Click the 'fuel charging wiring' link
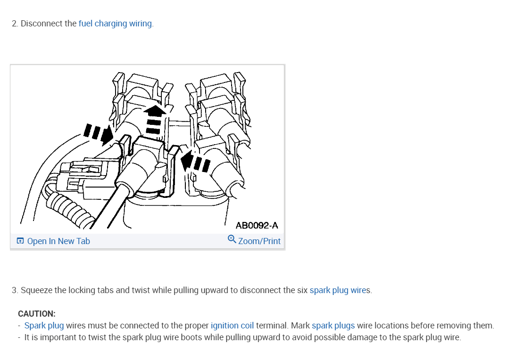115,24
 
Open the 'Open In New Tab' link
58,241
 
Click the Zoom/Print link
259,241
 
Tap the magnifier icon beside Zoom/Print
232,239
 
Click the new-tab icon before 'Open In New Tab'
20,241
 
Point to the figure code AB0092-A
257,225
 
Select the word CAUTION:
37,314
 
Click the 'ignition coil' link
232,326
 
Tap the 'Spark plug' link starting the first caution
44,326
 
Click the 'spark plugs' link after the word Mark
333,326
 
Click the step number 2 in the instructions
14,24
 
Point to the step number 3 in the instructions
14,290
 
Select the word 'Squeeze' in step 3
36,290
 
